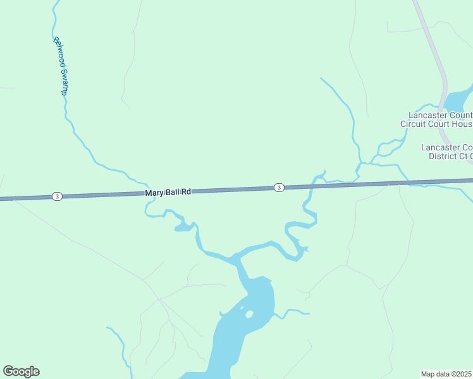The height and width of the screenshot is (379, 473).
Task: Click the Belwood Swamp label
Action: coord(60,66)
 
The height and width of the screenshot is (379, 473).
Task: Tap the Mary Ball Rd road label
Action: coord(168,191)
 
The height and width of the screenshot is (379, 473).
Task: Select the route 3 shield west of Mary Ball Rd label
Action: coord(57,196)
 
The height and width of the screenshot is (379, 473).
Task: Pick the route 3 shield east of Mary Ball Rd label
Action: coord(279,187)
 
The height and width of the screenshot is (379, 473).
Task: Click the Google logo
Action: coord(21,371)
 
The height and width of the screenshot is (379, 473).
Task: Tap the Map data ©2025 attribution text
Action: coord(446,374)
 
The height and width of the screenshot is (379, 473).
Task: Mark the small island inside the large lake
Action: coord(249,314)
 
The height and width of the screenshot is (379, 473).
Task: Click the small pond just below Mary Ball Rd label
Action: coord(183,226)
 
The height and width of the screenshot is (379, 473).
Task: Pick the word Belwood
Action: coord(58,51)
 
